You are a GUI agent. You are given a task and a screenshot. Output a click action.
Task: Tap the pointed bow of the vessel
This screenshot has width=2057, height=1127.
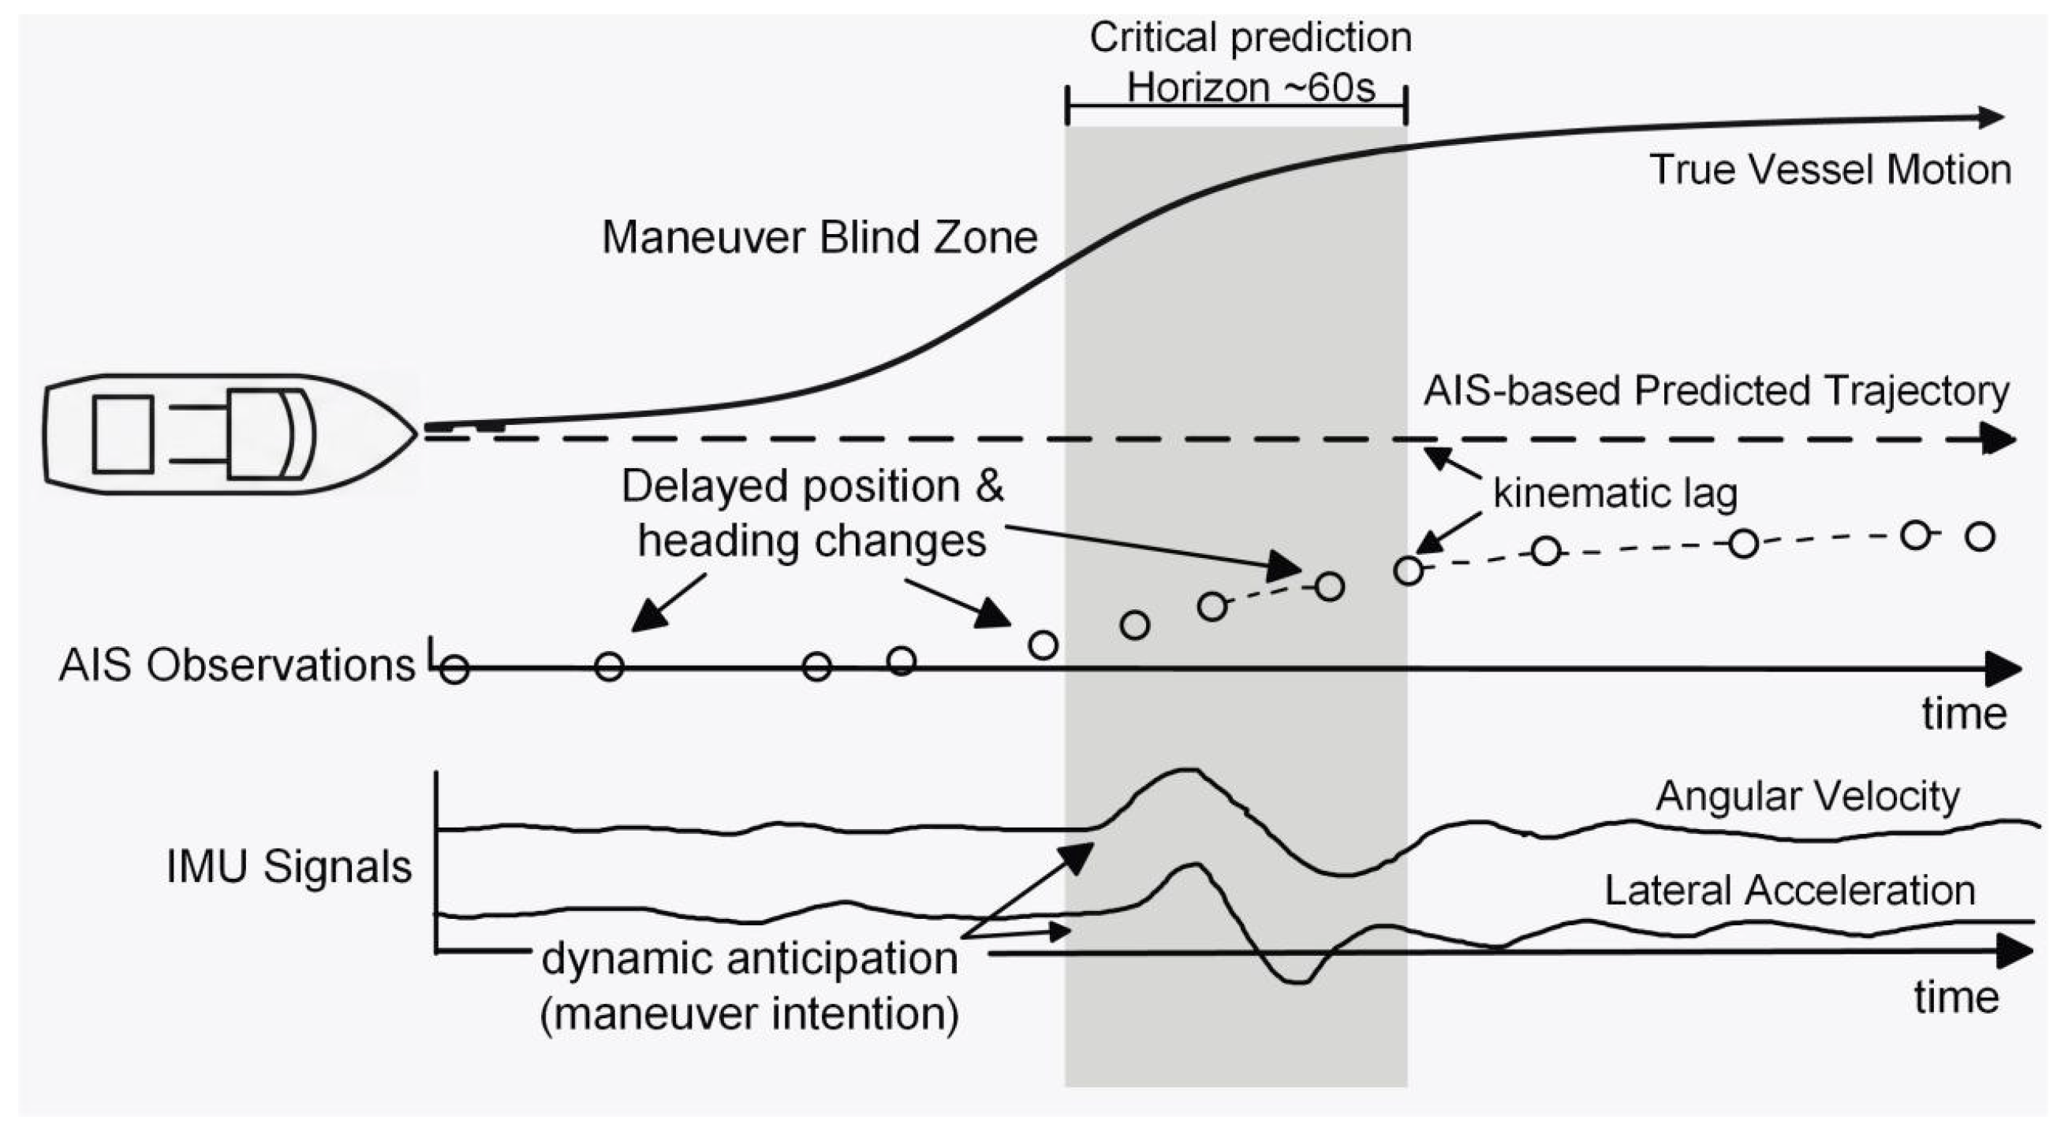pyautogui.click(x=416, y=434)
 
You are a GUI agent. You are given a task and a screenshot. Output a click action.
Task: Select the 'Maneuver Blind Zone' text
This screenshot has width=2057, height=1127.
pyautogui.click(x=819, y=238)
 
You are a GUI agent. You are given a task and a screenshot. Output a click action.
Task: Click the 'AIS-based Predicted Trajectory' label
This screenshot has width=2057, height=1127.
pyautogui.click(x=1717, y=391)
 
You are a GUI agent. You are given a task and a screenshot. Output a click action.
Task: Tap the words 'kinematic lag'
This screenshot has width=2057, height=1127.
pyautogui.click(x=1615, y=494)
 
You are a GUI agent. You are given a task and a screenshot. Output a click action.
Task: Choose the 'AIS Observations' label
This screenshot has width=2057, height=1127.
pyautogui.click(x=237, y=666)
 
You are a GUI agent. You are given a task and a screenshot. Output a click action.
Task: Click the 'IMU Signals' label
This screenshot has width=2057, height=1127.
pyautogui.click(x=289, y=868)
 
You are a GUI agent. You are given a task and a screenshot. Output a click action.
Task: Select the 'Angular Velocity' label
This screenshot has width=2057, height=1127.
pyautogui.click(x=1808, y=796)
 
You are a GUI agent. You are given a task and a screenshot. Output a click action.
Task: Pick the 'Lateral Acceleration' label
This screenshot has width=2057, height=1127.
pyautogui.click(x=1790, y=891)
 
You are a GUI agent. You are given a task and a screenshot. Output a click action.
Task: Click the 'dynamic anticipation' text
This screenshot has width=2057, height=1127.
pyautogui.click(x=750, y=958)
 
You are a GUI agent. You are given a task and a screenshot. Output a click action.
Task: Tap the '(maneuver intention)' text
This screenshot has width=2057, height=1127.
pyautogui.click(x=750, y=1014)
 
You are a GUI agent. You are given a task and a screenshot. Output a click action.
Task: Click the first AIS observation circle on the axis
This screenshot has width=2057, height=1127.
pyautogui.click(x=454, y=669)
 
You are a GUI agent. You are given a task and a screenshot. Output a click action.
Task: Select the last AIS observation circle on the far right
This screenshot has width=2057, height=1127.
pyautogui.click(x=1980, y=536)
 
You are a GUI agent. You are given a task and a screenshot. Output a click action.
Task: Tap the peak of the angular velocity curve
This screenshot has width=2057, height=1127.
pyautogui.click(x=1187, y=769)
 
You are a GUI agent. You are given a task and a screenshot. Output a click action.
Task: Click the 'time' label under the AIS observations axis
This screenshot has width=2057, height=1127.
pyautogui.click(x=1965, y=713)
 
